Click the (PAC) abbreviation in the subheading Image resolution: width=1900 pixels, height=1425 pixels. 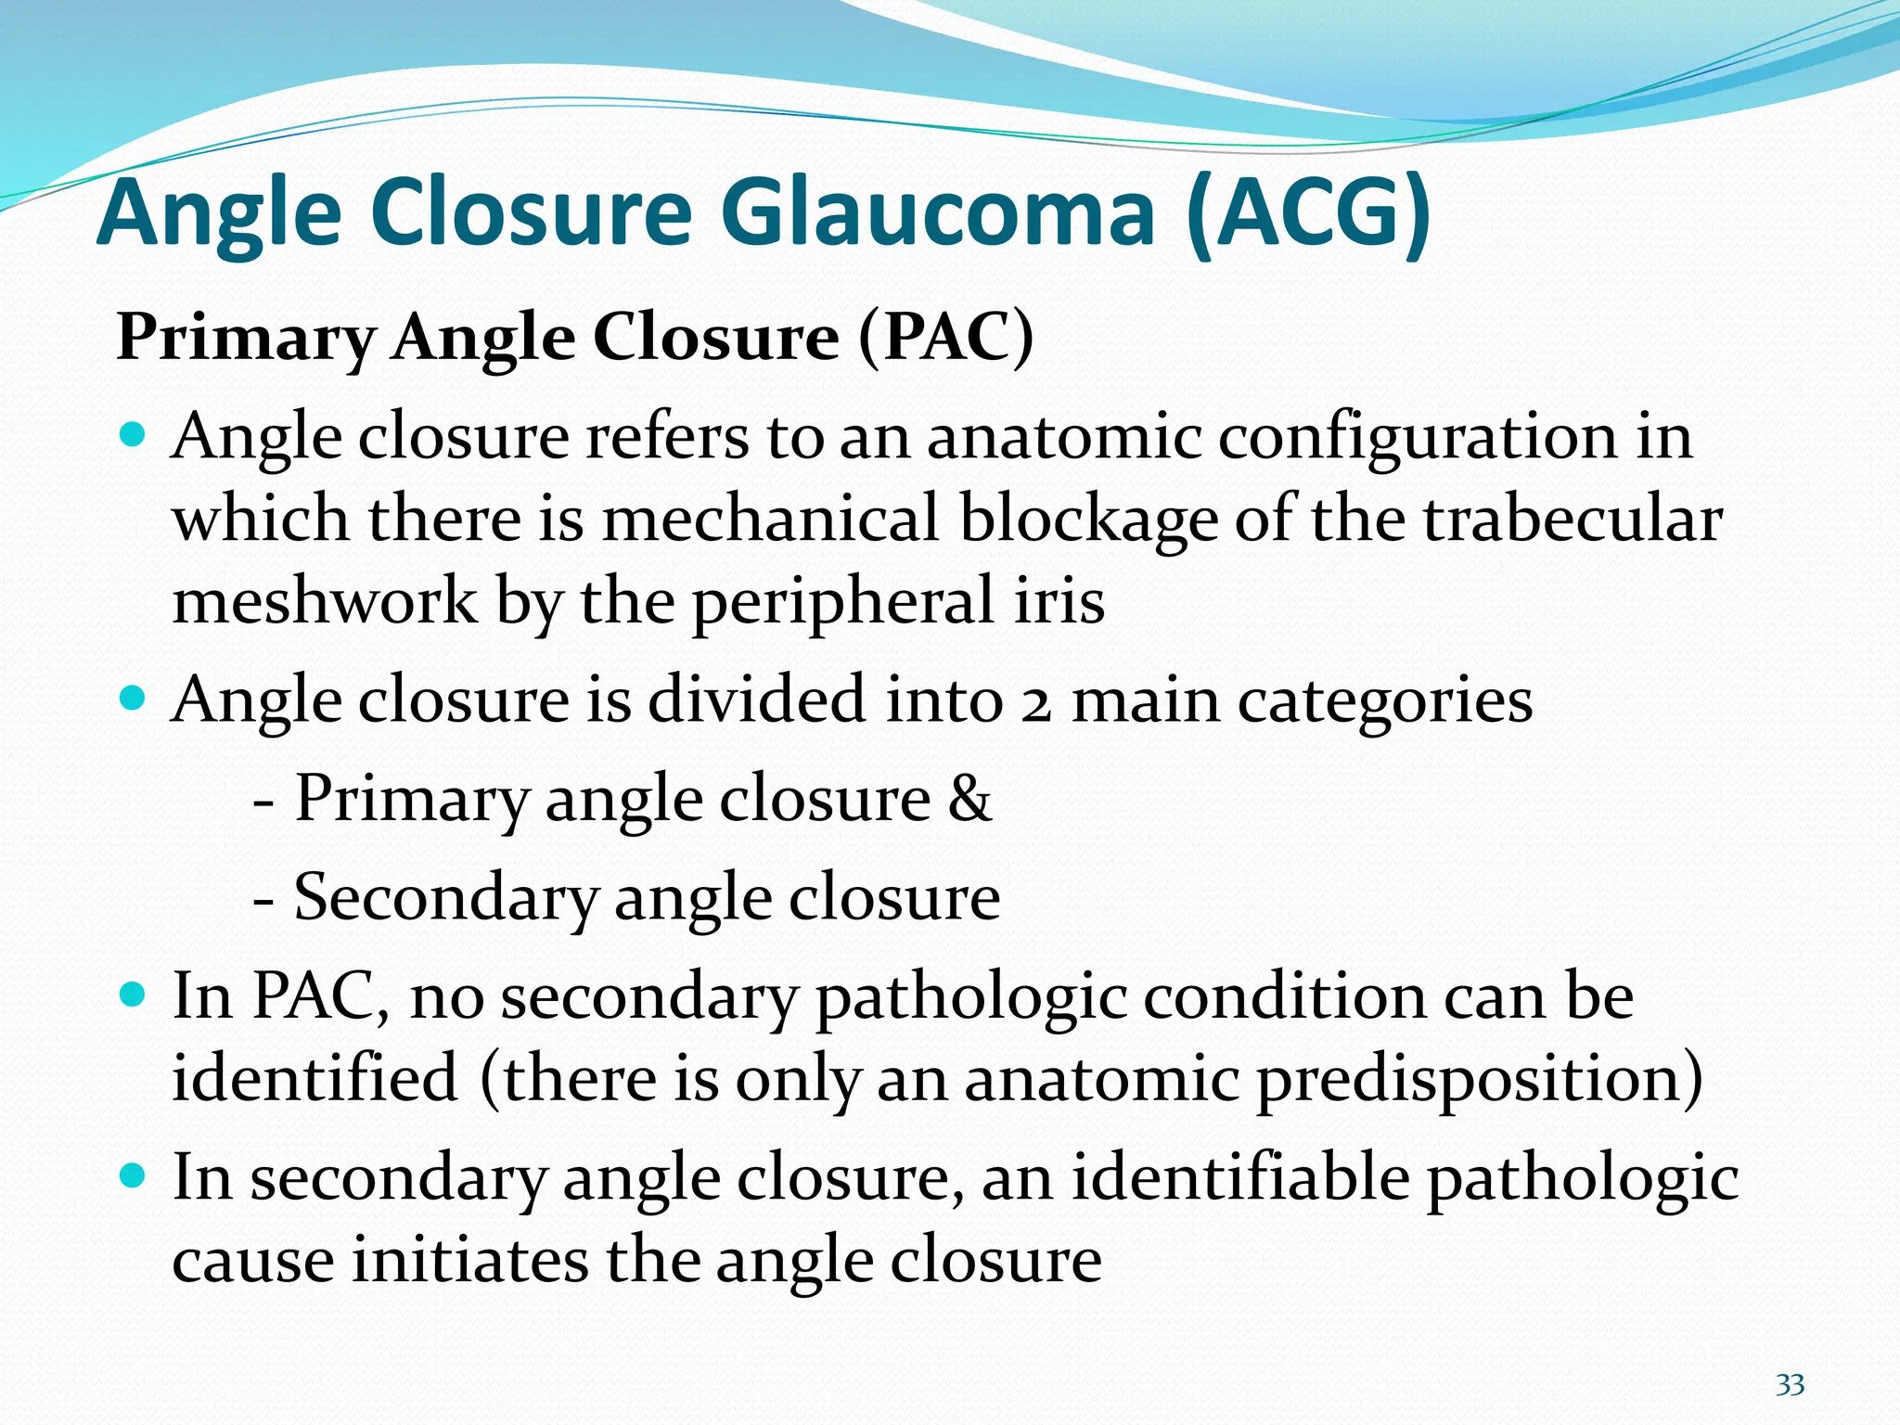click(x=945, y=338)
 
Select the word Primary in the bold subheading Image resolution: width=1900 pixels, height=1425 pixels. click(x=245, y=338)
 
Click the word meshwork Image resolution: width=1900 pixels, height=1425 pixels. click(x=325, y=600)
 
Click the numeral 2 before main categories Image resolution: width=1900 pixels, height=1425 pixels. click(x=1035, y=701)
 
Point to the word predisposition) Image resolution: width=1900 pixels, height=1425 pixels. click(x=1480, y=1078)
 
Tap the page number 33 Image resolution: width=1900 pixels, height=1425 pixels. click(x=1790, y=1385)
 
